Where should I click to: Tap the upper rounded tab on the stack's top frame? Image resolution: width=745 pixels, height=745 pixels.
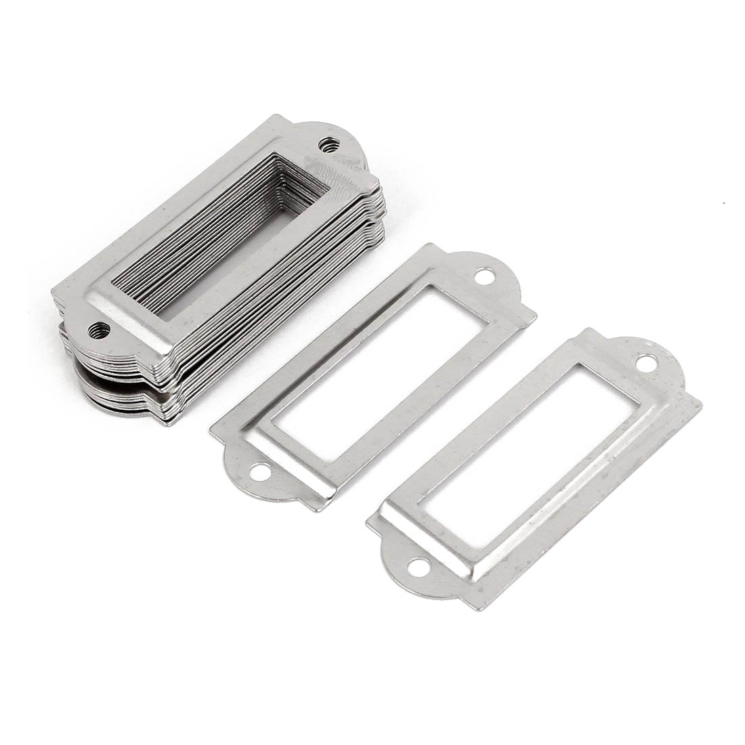tap(339, 139)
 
